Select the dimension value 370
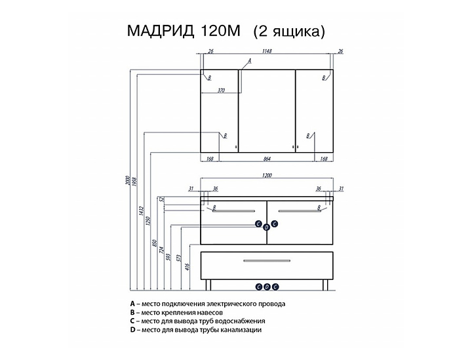pyautogui.click(x=220, y=90)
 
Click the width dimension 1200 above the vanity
pyautogui.click(x=266, y=176)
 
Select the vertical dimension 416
pyautogui.click(x=188, y=268)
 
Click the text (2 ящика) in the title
pyautogui.click(x=289, y=31)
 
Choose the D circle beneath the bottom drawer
pyautogui.click(x=267, y=286)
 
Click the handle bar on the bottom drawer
pyautogui.click(x=267, y=262)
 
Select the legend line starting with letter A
pyautogui.click(x=208, y=304)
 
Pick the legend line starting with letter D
pyautogui.click(x=196, y=330)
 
